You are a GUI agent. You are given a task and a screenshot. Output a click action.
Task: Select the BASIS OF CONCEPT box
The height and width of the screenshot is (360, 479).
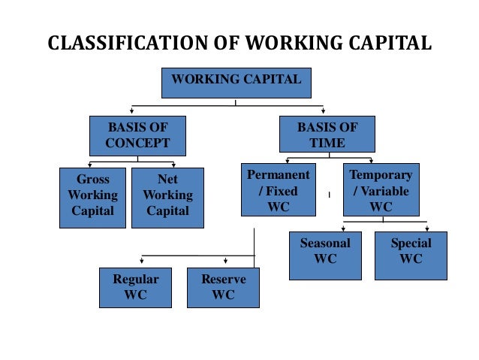click(137, 135)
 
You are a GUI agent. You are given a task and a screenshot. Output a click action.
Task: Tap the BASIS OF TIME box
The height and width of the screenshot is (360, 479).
click(327, 135)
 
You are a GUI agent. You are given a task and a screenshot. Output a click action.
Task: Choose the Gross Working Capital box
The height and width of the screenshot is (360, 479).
click(92, 197)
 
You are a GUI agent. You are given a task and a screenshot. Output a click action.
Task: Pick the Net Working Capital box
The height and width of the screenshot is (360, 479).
click(168, 197)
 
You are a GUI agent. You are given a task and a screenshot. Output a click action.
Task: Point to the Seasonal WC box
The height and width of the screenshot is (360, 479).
click(324, 256)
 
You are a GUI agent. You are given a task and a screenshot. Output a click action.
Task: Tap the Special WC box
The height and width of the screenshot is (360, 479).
click(411, 256)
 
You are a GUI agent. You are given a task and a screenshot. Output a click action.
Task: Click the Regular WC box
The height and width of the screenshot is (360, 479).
click(135, 287)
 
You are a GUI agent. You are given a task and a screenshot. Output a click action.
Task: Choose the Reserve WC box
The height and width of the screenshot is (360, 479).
click(223, 287)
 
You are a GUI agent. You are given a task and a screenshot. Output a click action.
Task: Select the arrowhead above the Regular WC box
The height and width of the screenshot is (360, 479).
click(143, 263)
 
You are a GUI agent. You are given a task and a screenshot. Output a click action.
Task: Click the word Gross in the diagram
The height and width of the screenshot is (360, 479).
click(92, 180)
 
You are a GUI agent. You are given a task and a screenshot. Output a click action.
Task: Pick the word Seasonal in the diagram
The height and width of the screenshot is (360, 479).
click(324, 244)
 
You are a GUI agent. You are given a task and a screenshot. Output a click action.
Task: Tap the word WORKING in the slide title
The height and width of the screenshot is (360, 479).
click(291, 43)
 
